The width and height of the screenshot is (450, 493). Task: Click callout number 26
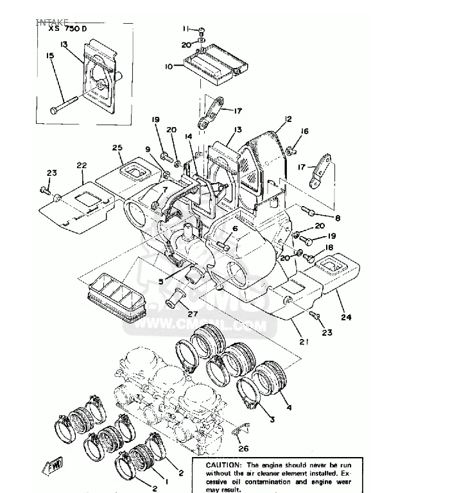[x=243, y=449]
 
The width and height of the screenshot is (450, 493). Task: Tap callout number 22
[x=82, y=166]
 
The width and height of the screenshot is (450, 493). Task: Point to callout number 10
[x=168, y=65]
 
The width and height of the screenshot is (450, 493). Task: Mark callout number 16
[x=304, y=132]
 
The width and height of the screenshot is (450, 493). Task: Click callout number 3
[x=272, y=420]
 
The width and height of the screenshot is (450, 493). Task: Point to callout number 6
[x=235, y=229]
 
